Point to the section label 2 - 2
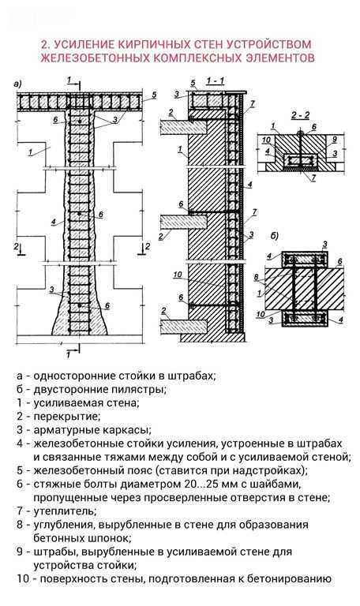pyautogui.click(x=300, y=114)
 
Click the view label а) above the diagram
pyautogui.click(x=17, y=84)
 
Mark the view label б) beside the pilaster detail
pyautogui.click(x=274, y=235)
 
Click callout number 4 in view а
pyautogui.click(x=53, y=223)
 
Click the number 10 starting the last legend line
pyautogui.click(x=21, y=578)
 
